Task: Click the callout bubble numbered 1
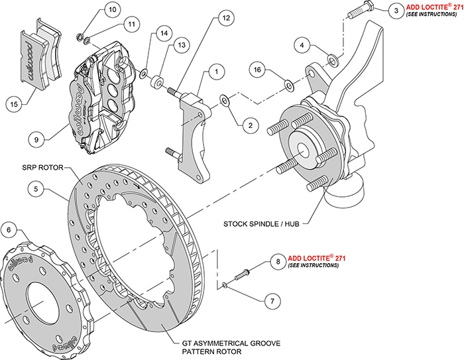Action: tap(215, 70)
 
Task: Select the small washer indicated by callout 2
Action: tap(225, 100)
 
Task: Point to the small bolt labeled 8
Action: tap(241, 272)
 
